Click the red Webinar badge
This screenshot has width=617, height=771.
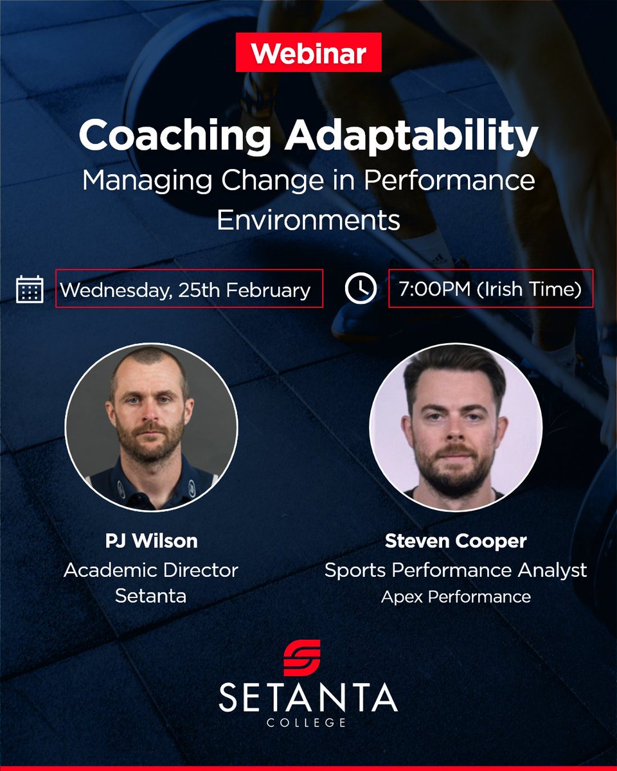308,52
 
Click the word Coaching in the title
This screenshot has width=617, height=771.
175,136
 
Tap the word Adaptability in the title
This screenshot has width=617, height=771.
411,136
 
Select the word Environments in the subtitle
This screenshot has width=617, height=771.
308,220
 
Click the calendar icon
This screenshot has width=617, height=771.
30,289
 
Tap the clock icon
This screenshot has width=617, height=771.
361,288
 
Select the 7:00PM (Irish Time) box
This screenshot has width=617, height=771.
491,288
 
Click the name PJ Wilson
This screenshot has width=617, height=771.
151,540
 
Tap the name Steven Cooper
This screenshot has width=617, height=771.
456,541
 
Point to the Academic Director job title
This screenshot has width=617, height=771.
151,570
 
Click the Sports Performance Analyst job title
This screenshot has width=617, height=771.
456,571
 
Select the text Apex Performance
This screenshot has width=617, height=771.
456,597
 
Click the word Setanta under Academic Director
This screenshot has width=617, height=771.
150,596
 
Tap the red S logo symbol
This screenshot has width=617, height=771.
302,658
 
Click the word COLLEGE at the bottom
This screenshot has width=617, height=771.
306,722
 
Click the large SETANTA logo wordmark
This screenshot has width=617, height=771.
308,697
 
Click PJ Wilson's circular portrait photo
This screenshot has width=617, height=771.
151,427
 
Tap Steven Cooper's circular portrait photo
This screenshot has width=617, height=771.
456,427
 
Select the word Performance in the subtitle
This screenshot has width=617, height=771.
449,180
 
